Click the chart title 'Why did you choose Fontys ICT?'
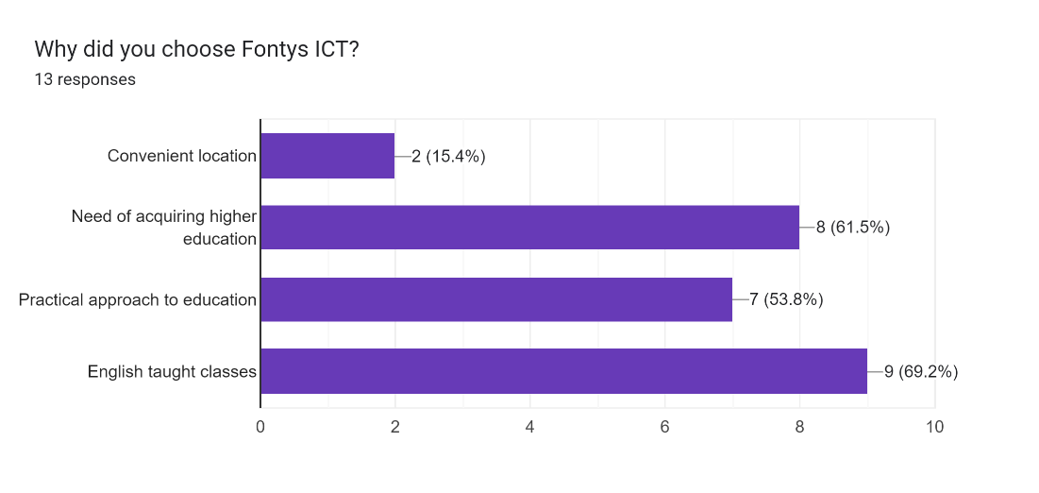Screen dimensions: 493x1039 point(196,48)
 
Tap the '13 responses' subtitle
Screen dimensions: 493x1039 point(85,79)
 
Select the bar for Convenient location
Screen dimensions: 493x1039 point(327,156)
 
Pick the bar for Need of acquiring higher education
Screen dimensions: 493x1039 point(529,228)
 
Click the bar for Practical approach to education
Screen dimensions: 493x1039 point(496,299)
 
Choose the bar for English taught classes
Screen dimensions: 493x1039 point(563,371)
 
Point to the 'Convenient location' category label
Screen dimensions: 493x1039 point(182,156)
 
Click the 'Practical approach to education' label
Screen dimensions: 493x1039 point(138,300)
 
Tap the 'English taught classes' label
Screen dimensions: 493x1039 point(172,372)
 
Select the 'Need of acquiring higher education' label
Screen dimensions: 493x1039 point(164,228)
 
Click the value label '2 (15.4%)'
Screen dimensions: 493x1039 point(448,157)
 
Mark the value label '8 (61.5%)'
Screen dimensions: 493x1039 point(853,228)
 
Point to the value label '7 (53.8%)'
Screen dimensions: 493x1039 point(786,300)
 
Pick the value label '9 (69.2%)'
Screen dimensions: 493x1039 point(921,372)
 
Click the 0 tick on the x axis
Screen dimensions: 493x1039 point(260,427)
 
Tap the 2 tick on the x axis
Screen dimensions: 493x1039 point(395,427)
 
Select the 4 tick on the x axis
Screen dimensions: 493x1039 point(530,427)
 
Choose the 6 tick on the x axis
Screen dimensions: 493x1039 point(665,427)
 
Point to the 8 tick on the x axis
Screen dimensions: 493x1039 point(800,427)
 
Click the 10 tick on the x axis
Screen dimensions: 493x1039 point(934,427)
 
